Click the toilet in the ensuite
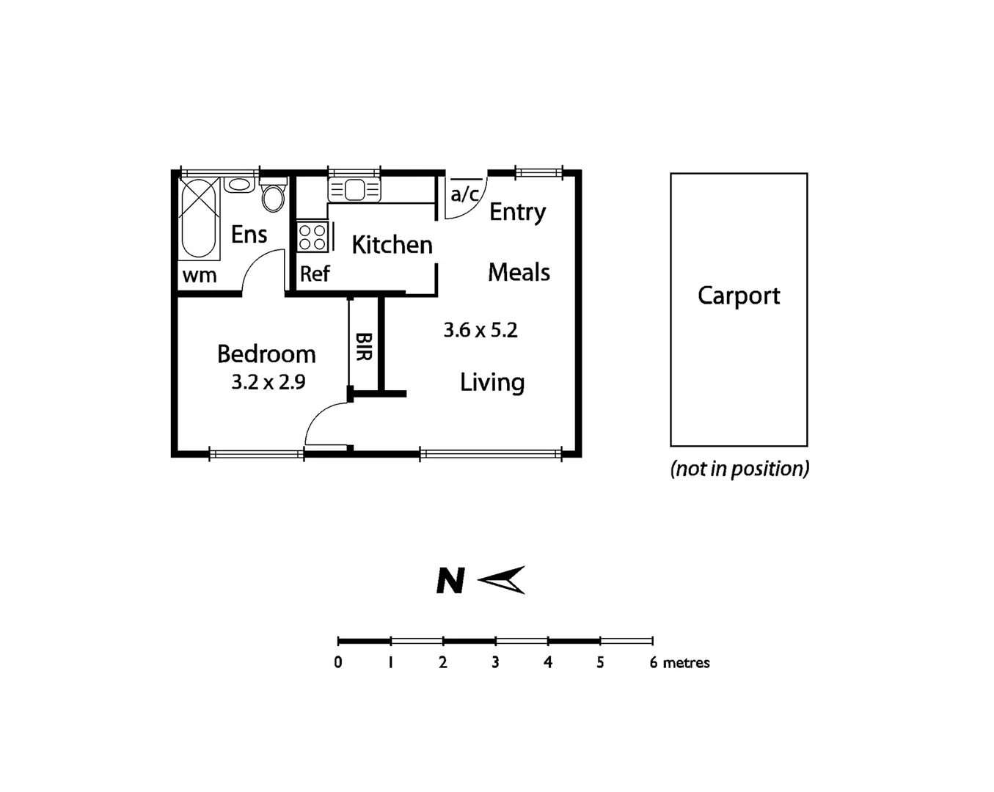[x=273, y=196]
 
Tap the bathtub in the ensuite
[x=198, y=217]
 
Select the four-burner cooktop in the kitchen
[x=313, y=238]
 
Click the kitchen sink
[x=354, y=190]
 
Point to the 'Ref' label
[x=315, y=274]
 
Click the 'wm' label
[x=200, y=276]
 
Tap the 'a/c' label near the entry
[x=465, y=194]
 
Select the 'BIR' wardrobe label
[x=364, y=346]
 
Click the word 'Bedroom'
[x=266, y=354]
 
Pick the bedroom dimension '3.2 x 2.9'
[x=268, y=382]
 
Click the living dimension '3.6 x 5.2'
[x=480, y=330]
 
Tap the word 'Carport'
[x=739, y=296]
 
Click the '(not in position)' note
[x=739, y=469]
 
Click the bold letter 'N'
[x=450, y=581]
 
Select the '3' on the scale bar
[x=496, y=662]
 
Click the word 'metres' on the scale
[x=686, y=662]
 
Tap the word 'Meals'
[x=519, y=273]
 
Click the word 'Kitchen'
[x=392, y=245]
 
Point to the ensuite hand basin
[x=239, y=184]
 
